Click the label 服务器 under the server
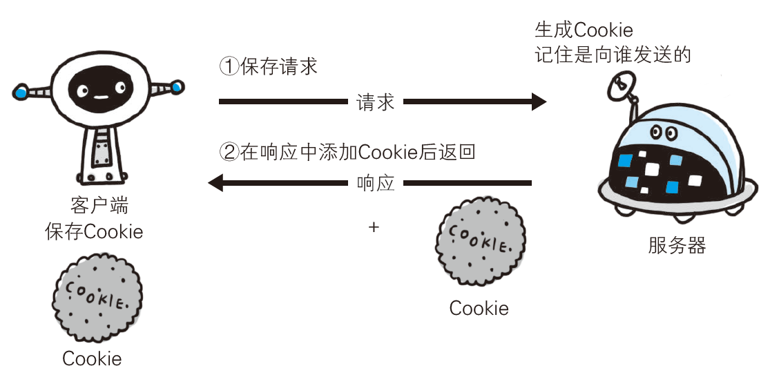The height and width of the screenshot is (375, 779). (677, 246)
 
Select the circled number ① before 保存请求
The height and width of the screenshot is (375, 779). (229, 66)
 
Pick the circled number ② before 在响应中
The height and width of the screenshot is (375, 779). (229, 152)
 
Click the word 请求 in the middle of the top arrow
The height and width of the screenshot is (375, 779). (375, 102)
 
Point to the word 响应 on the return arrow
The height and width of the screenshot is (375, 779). (375, 184)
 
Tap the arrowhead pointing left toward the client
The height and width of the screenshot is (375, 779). (215, 183)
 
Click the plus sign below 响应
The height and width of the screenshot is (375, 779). (374, 227)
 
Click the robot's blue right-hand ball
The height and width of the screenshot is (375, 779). (178, 87)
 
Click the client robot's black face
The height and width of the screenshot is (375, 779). (98, 88)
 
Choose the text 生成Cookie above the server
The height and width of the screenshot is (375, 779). (584, 30)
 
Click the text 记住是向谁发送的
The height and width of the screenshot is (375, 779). (613, 55)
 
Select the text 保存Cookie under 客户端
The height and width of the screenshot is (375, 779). (94, 231)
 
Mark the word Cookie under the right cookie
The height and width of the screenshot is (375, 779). (479, 308)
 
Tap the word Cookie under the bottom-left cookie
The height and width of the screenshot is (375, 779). (92, 358)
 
